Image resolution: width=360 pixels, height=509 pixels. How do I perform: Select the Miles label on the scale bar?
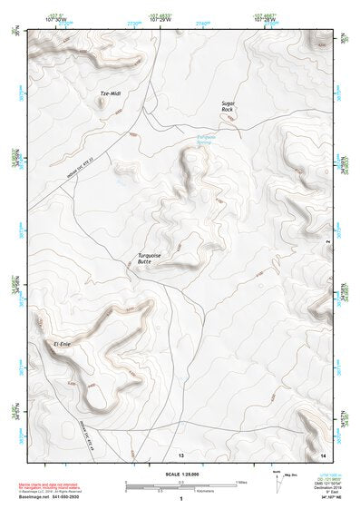pyautogui.click(x=241, y=482)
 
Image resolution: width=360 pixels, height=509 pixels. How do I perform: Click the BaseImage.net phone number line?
pyautogui.click(x=51, y=497)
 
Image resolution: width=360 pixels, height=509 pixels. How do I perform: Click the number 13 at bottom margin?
pyautogui.click(x=180, y=453)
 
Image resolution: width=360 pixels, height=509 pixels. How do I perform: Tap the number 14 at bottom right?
pyautogui.click(x=323, y=453)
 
